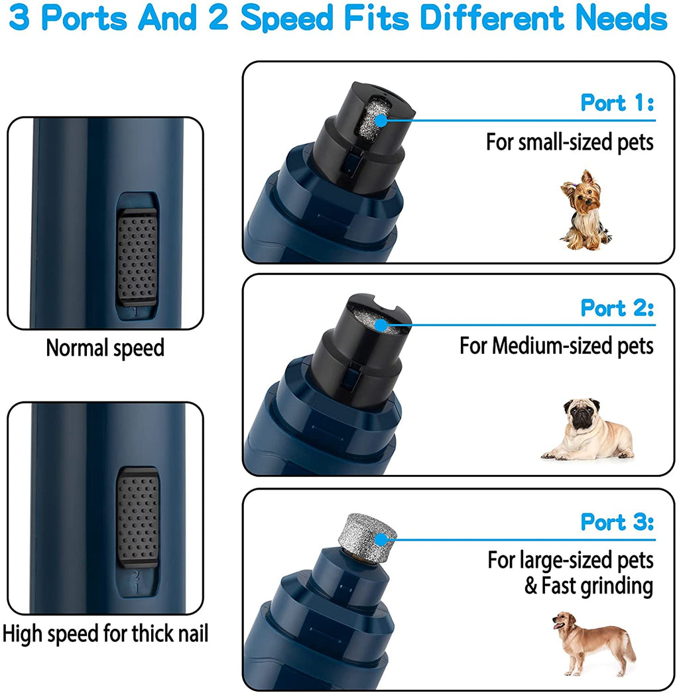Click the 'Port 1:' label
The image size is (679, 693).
[617, 103]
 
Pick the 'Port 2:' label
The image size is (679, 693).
[617, 308]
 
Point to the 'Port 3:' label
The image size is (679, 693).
[617, 522]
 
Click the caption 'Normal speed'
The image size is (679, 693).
[105, 348]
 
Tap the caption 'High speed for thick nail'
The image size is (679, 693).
[105, 633]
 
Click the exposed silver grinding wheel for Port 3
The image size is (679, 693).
[367, 530]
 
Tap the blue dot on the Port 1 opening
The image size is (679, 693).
[381, 120]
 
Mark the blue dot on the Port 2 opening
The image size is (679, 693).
[381, 325]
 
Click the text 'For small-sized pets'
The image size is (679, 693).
[570, 142]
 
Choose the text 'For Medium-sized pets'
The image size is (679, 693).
[556, 346]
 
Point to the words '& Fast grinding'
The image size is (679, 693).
[589, 586]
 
